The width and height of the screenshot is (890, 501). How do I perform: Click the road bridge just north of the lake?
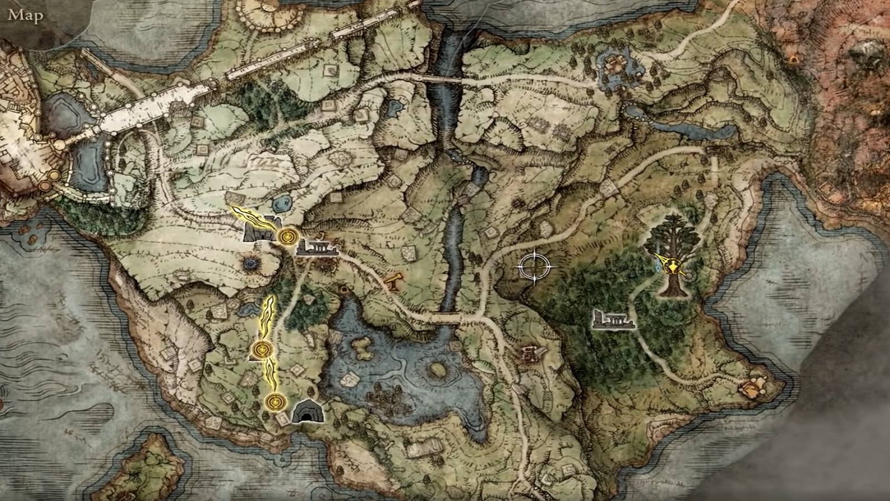[445, 318]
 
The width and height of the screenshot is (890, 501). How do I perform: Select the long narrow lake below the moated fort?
[690, 131]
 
